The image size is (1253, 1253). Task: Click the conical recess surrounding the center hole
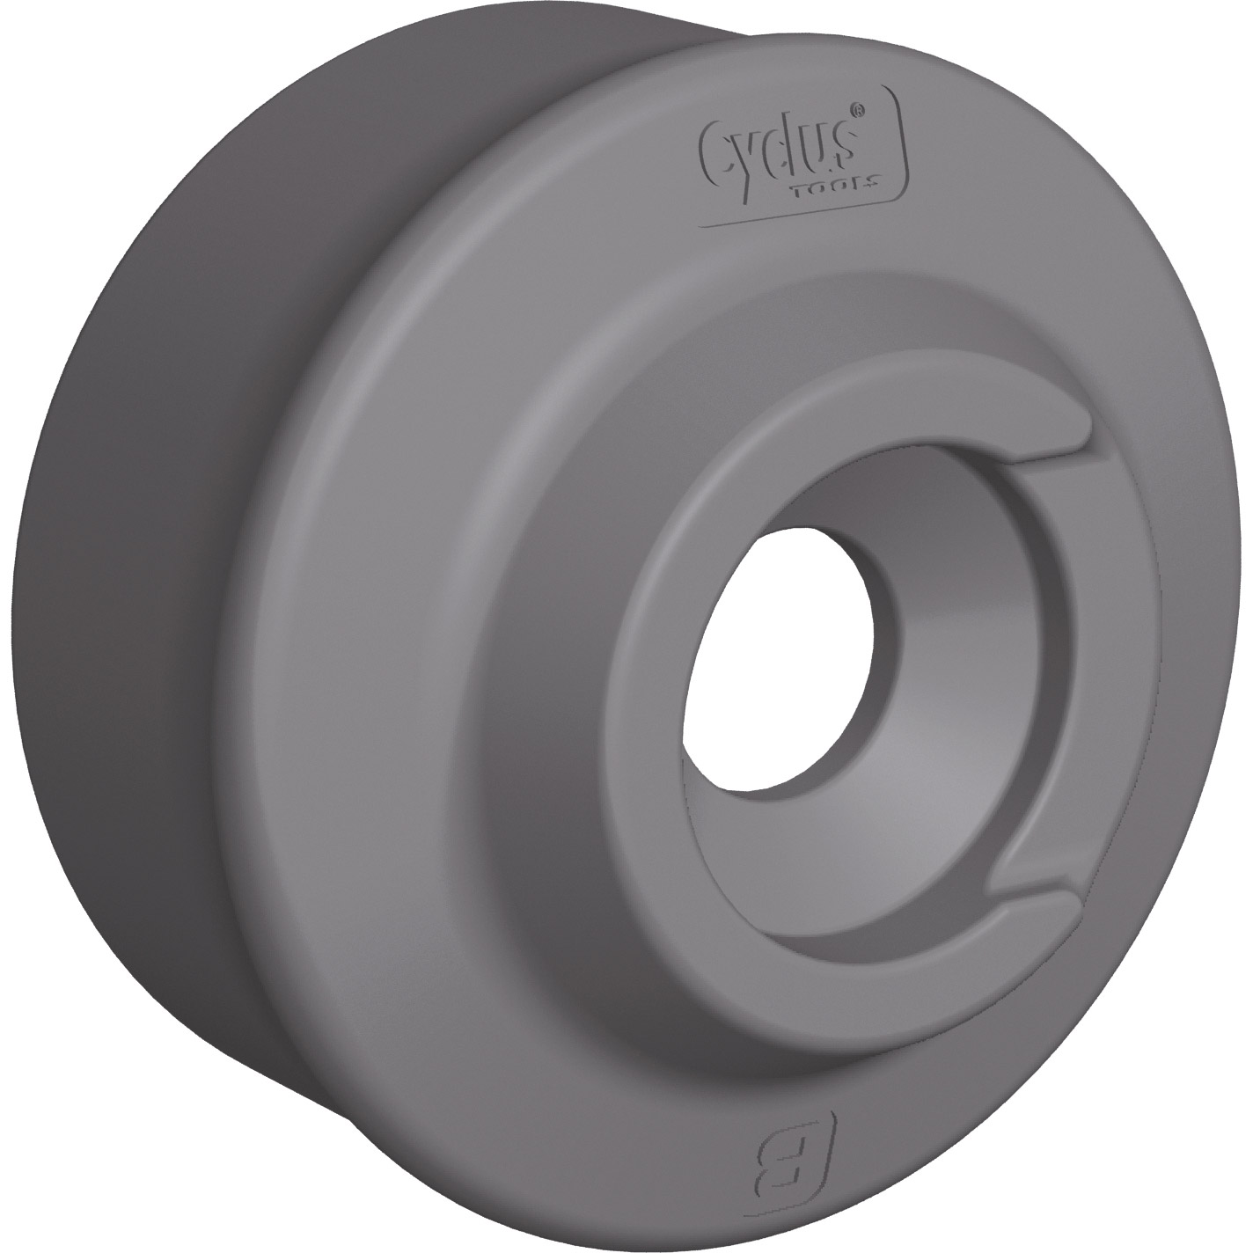[950, 669]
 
